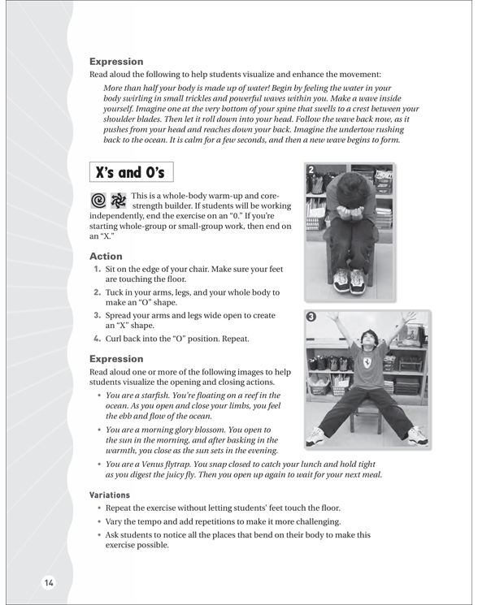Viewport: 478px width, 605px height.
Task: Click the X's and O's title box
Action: pyautogui.click(x=131, y=172)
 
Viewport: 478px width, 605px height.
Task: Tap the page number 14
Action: pyautogui.click(x=49, y=582)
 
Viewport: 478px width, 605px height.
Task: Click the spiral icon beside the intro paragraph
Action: pyautogui.click(x=98, y=201)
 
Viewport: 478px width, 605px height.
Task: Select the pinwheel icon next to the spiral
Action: pyautogui.click(x=119, y=201)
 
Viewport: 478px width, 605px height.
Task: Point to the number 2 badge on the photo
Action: pyautogui.click(x=311, y=170)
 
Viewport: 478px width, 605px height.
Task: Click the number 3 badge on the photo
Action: pyautogui.click(x=311, y=317)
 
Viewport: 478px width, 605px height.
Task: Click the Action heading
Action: pyautogui.click(x=106, y=256)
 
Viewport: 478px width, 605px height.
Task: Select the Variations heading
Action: pyautogui.click(x=110, y=495)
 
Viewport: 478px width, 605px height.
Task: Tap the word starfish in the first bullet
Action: pyautogui.click(x=154, y=395)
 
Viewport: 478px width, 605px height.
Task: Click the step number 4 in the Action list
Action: pyautogui.click(x=97, y=339)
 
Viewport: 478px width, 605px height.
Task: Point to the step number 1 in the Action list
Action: pyautogui.click(x=97, y=269)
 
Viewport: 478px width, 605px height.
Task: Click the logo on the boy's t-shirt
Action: pyautogui.click(x=366, y=363)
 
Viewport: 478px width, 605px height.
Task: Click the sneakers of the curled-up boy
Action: pyautogui.click(x=349, y=280)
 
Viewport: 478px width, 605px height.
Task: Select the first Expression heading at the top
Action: pyautogui.click(x=116, y=62)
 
